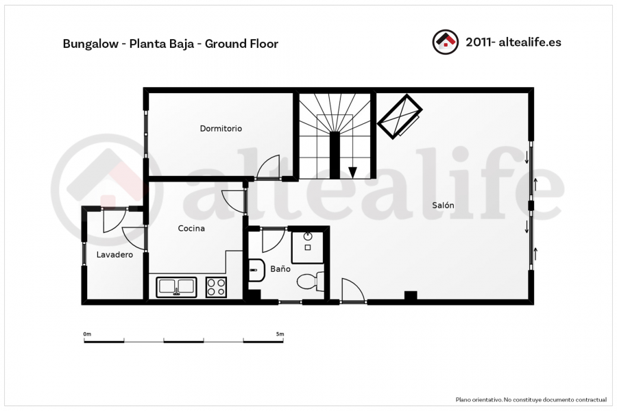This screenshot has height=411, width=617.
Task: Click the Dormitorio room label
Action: [221, 129]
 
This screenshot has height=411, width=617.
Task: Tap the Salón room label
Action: [443, 205]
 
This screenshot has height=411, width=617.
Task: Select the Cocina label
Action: [191, 228]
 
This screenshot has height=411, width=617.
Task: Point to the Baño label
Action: [280, 269]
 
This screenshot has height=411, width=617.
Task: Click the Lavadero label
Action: [114, 254]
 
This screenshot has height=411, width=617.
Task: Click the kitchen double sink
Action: [176, 287]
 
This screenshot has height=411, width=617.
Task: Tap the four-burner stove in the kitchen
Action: [216, 287]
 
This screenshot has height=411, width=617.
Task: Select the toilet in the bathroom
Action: [311, 281]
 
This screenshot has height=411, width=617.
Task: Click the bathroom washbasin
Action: [256, 270]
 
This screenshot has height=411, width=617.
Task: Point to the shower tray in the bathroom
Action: [307, 247]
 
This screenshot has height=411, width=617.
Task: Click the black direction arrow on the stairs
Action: [352, 172]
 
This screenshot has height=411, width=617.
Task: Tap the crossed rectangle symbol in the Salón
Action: [400, 116]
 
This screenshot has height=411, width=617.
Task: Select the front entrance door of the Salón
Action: [352, 290]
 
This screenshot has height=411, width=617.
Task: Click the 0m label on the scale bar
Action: [87, 334]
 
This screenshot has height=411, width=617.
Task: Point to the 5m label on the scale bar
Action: [280, 334]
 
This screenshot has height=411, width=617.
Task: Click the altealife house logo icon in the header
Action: [446, 42]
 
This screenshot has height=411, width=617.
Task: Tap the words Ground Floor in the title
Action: [241, 44]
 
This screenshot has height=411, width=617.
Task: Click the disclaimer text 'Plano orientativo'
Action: [479, 399]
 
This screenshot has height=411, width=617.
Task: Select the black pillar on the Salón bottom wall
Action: [411, 295]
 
